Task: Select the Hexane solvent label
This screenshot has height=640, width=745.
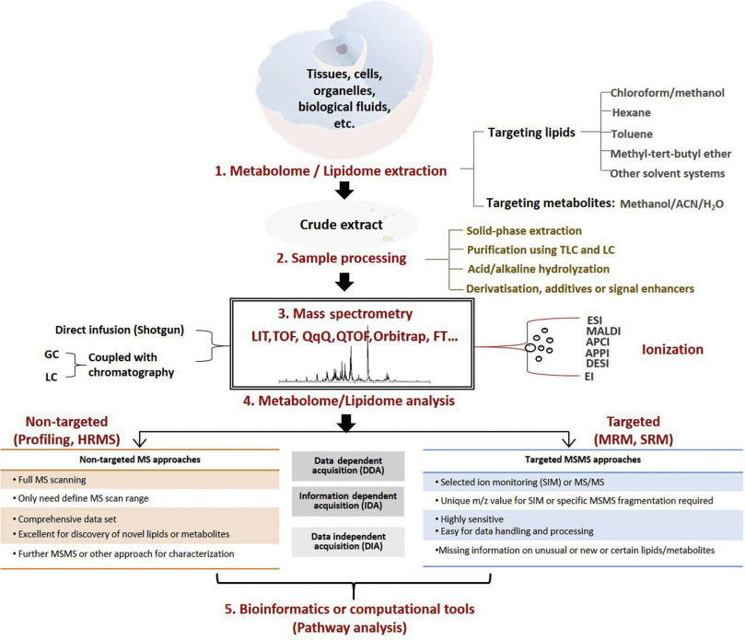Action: click(634, 112)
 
